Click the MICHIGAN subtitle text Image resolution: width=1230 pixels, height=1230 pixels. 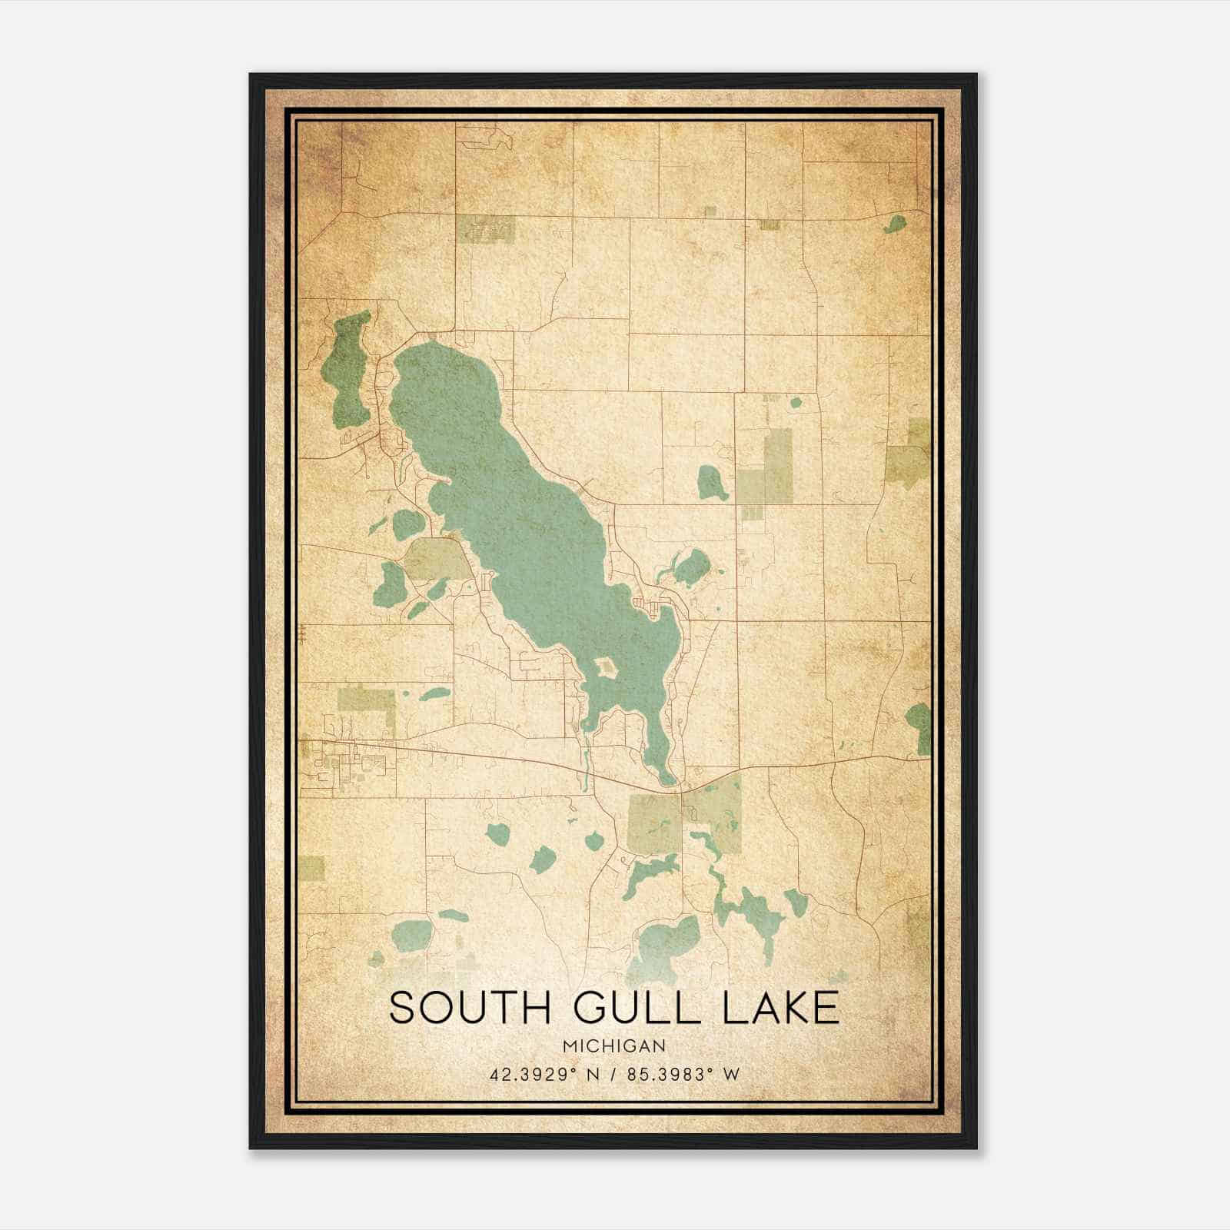[x=614, y=1046]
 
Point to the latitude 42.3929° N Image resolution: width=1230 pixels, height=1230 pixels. [x=544, y=1075]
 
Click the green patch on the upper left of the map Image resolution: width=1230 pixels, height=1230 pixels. [x=485, y=229]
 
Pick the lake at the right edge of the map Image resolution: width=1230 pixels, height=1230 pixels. [x=919, y=727]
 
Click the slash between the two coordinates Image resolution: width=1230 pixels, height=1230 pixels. [x=615, y=1075]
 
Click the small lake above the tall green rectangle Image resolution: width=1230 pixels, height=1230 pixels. [x=796, y=401]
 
